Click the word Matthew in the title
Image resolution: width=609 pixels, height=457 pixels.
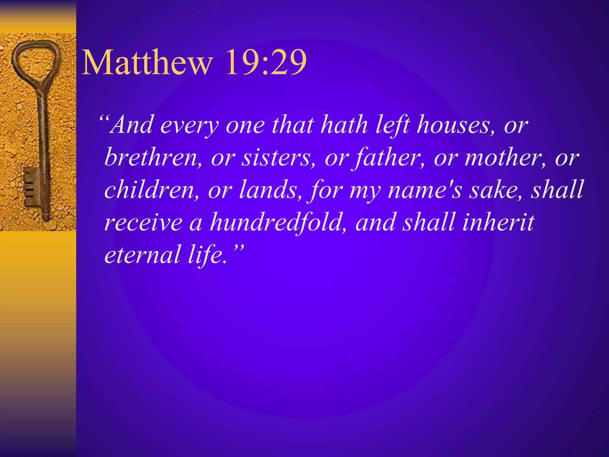147,63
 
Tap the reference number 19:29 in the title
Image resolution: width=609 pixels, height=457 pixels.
266,63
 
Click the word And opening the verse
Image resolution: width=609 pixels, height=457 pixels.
132,125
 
